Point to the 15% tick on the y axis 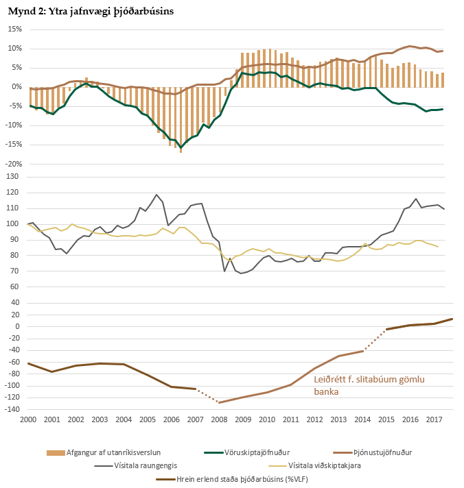[x=14, y=29]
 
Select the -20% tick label [x=13, y=164]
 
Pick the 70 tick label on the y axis [x=15, y=271]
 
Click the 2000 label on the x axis [x=27, y=418]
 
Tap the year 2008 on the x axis [x=219, y=418]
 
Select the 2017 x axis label [x=434, y=418]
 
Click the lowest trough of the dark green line [x=181, y=147]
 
